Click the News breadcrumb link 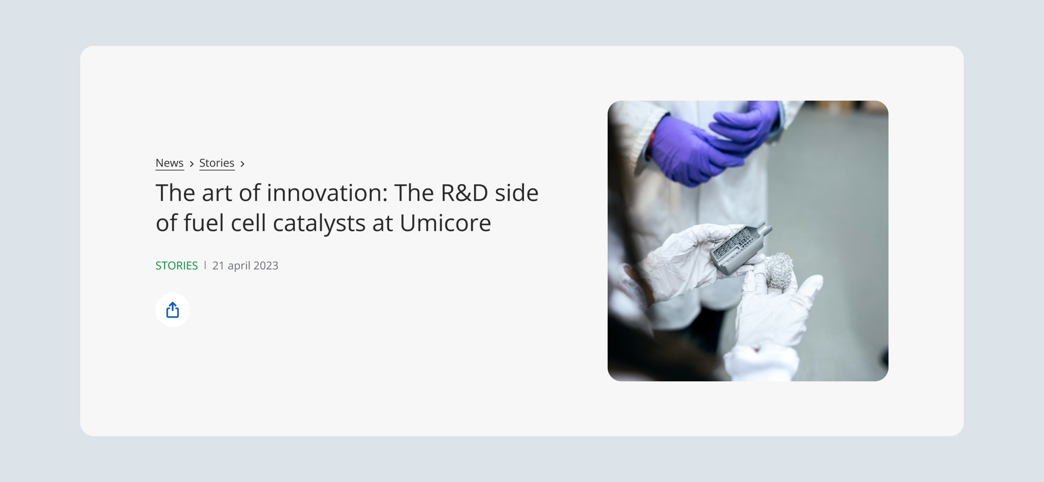pos(170,163)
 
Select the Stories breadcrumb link pos(217,163)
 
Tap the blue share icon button pos(173,310)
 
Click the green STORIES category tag pos(177,266)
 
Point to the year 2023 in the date pos(266,266)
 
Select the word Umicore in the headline pos(445,223)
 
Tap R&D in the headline pos(464,193)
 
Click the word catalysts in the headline pos(319,224)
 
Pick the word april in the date pos(239,266)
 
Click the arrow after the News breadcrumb pos(192,164)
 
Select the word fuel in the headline pos(204,223)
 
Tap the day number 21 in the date pos(218,266)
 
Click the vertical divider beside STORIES pos(205,265)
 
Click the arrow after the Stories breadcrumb pos(242,164)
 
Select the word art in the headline pos(217,193)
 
